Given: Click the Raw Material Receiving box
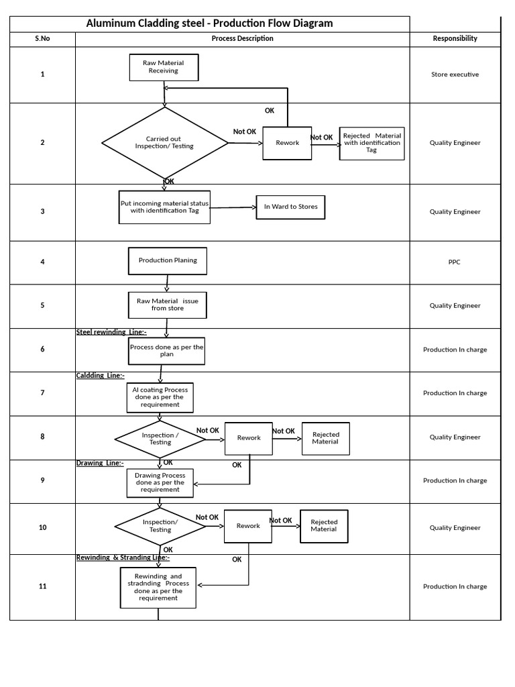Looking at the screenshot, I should (164, 66).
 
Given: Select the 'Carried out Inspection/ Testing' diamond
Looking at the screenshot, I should (164, 143).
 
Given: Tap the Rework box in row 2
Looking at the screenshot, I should (287, 143).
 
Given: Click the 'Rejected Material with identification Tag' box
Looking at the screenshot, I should (371, 143).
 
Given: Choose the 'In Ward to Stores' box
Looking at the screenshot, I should (290, 207).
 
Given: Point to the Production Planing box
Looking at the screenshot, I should (168, 261).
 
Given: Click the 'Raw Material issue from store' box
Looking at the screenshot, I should (168, 305).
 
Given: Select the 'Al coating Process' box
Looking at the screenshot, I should (160, 397).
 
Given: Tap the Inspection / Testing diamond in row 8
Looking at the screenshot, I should (160, 439).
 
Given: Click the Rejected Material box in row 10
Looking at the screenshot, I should (323, 525).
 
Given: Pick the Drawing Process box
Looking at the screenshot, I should (160, 482).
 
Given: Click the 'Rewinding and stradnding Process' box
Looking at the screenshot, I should (158, 587).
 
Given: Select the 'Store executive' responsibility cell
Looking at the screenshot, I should (455, 74).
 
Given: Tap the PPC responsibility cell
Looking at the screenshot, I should (455, 262).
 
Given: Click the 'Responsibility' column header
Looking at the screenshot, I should (455, 38).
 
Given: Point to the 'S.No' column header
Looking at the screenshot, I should (42, 38).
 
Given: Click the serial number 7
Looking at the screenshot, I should (42, 393).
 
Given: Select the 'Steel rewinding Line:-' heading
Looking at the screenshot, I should (111, 332).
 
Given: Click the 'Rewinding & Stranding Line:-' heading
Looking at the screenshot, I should (123, 558).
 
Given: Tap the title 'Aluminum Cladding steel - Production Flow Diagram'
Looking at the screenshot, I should (209, 23).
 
